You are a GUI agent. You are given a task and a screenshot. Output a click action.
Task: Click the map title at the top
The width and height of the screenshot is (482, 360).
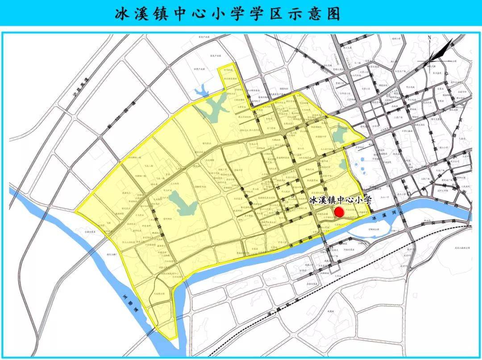[x=228, y=13]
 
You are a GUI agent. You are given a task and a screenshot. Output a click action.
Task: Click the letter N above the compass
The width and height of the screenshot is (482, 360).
[x=429, y=38]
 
